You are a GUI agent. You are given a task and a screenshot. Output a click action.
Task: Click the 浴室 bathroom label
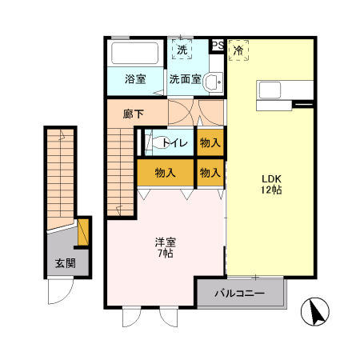(x=134, y=79)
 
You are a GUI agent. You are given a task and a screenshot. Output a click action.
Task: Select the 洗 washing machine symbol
(x=182, y=50)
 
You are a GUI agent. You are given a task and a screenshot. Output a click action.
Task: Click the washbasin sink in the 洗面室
(x=214, y=82)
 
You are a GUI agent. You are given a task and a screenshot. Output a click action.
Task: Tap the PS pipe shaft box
(x=217, y=46)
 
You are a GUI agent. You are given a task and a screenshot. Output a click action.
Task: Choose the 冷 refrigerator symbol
(x=238, y=50)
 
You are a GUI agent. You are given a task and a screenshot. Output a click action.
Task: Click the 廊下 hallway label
(x=133, y=114)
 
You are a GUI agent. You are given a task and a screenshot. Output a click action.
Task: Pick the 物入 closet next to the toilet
(x=210, y=142)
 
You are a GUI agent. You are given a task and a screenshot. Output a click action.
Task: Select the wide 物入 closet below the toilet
(x=165, y=172)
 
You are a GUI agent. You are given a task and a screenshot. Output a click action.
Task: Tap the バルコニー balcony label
(x=239, y=294)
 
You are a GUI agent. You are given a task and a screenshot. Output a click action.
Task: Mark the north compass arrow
(x=317, y=311)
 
